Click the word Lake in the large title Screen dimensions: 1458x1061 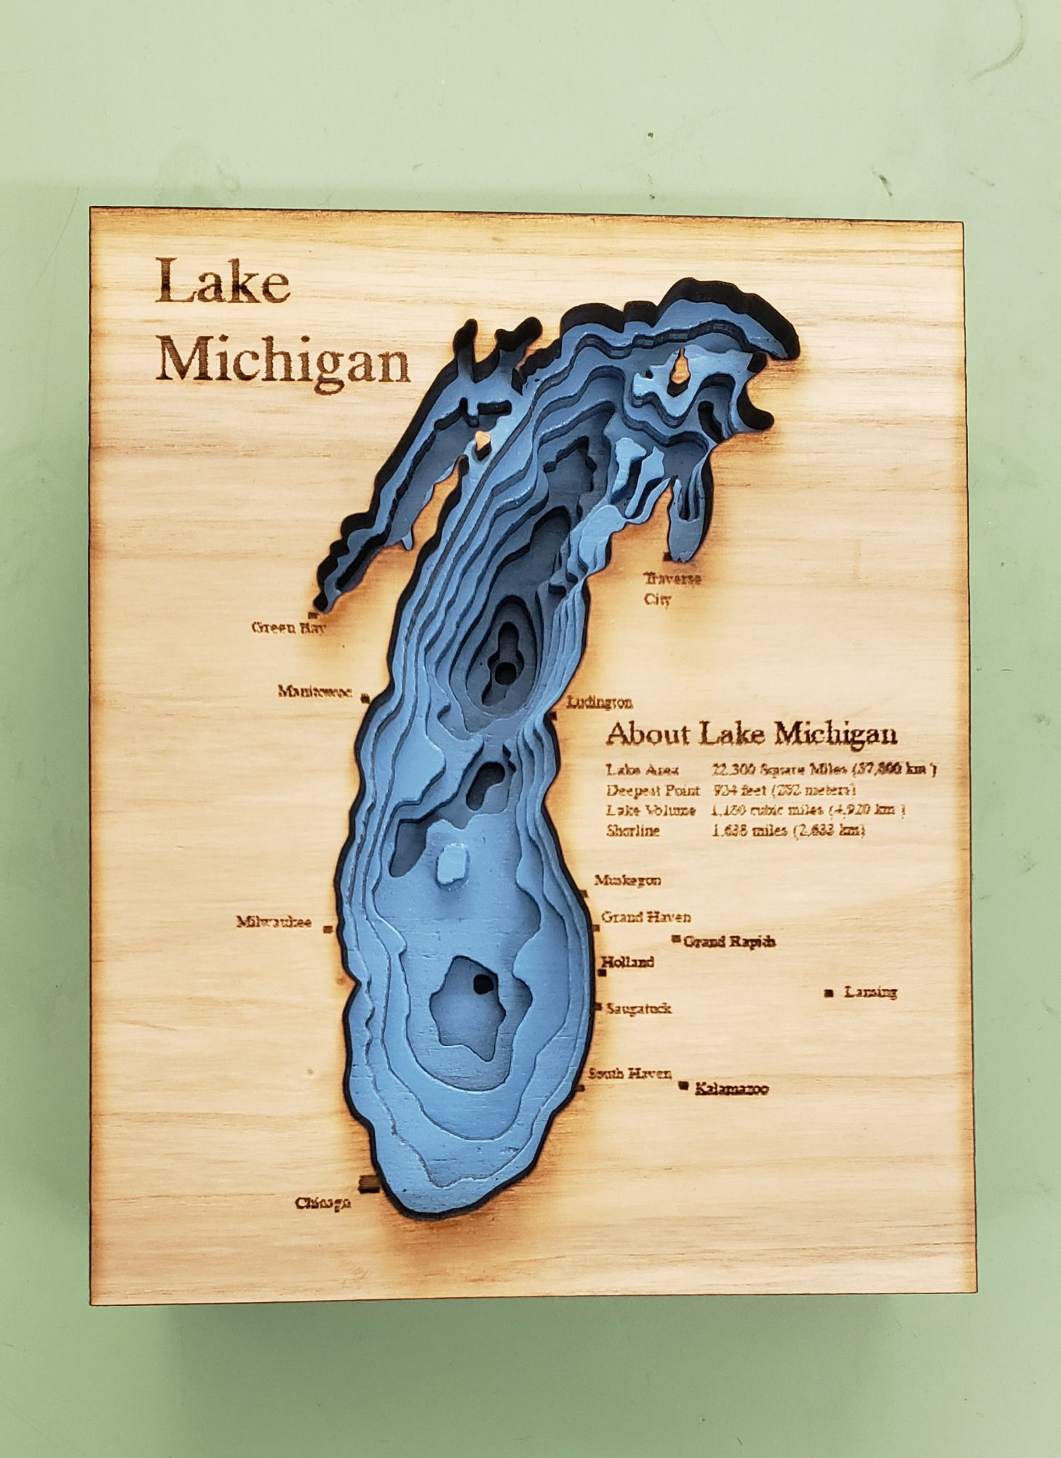pyautogui.click(x=223, y=282)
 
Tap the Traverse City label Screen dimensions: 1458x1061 pyautogui.click(x=671, y=588)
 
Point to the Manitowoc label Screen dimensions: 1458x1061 pyautogui.click(x=315, y=691)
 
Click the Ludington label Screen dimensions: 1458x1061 pyautogui.click(x=600, y=702)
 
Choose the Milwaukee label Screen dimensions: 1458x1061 pyautogui.click(x=274, y=922)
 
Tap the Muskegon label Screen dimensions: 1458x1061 pyautogui.click(x=627, y=880)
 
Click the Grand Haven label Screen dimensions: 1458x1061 pyautogui.click(x=645, y=917)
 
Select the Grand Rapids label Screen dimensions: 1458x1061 pyautogui.click(x=729, y=941)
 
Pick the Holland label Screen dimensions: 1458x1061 pyautogui.click(x=627, y=962)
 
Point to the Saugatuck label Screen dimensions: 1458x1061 pyautogui.click(x=637, y=1009)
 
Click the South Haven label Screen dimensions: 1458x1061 pyautogui.click(x=629, y=1074)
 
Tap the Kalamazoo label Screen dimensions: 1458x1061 pyautogui.click(x=731, y=1090)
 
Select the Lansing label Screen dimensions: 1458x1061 pyautogui.click(x=870, y=992)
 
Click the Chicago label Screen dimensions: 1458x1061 pyautogui.click(x=322, y=1203)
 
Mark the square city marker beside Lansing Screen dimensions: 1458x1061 pyautogui.click(x=829, y=993)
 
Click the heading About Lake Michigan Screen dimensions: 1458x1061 pyautogui.click(x=751, y=734)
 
